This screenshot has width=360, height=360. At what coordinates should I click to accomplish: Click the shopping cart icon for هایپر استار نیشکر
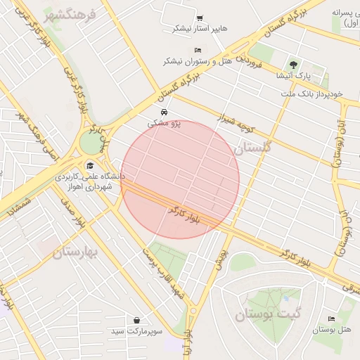200,18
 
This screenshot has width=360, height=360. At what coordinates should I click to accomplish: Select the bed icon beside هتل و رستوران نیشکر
198,51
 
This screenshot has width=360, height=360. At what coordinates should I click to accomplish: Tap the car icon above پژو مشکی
164,112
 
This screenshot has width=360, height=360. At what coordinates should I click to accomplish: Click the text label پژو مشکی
164,123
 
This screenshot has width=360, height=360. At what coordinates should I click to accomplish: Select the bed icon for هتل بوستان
331,319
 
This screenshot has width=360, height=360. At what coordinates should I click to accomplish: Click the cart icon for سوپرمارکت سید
136,320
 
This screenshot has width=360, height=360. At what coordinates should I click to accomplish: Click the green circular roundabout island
90,142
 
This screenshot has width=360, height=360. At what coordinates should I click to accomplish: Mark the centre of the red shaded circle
180,179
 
